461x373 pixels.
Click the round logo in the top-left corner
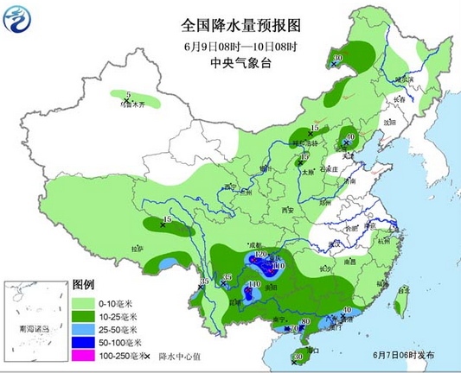click(18, 18)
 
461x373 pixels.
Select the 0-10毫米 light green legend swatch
click(82, 303)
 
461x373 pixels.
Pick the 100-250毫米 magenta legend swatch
click(82, 355)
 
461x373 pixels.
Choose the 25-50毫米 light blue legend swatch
click(82, 329)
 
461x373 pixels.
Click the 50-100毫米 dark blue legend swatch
click(82, 342)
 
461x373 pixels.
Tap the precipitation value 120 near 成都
click(260, 256)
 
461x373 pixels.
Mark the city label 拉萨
click(138, 249)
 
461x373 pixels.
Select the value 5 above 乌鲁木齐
click(128, 94)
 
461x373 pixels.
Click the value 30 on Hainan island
click(298, 356)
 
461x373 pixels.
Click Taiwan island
click(401, 301)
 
